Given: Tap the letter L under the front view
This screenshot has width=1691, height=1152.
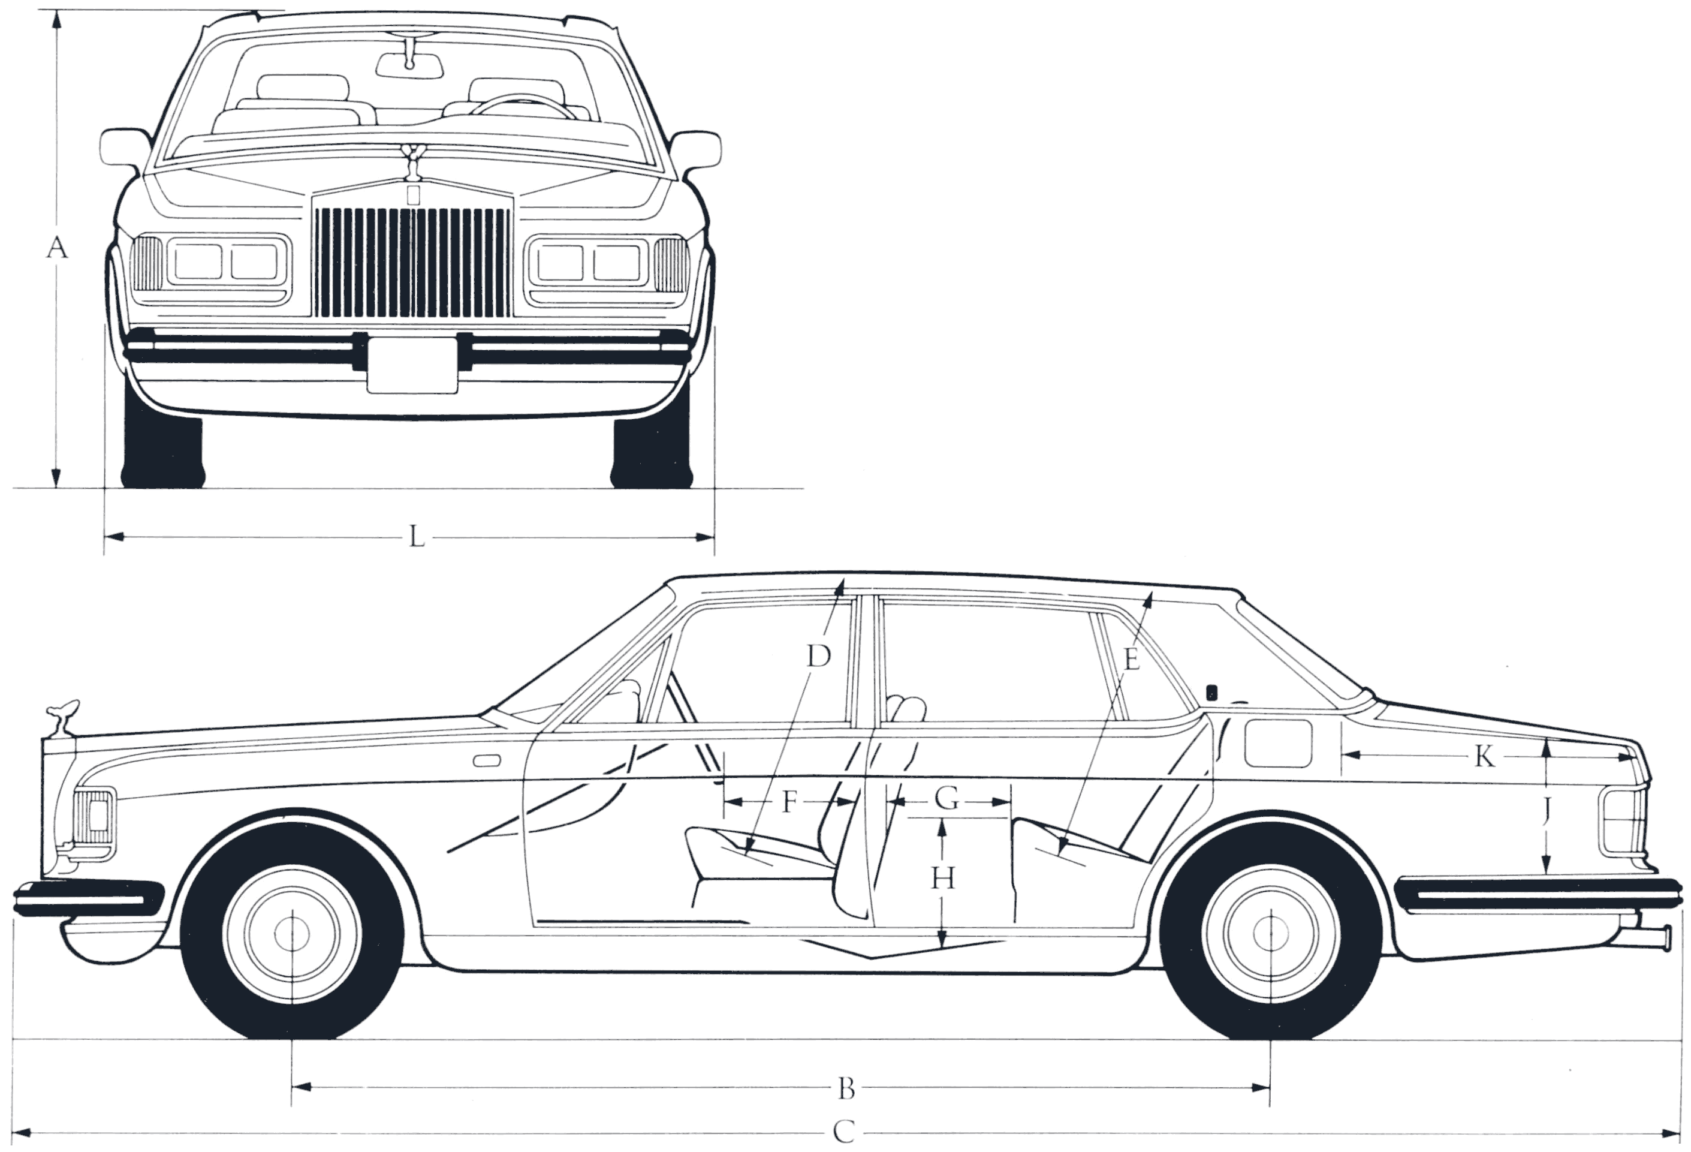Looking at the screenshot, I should coord(416,538).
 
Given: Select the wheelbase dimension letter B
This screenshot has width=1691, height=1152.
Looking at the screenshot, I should coord(845,1110).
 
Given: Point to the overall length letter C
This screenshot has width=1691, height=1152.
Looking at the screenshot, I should coord(843,1132).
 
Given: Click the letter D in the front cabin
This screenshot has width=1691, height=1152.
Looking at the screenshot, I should coord(819,657).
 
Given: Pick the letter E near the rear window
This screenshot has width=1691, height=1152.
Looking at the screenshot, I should coord(1131,660).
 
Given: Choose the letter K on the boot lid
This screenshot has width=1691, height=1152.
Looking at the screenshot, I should coord(1484,758).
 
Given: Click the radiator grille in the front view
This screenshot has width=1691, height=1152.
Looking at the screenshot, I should coord(412,262).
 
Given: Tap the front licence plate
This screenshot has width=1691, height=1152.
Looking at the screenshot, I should coord(412,365).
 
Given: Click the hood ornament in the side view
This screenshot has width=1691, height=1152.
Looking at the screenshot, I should coord(61,716).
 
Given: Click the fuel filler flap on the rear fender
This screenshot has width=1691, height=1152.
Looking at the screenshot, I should coord(1279,743).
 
